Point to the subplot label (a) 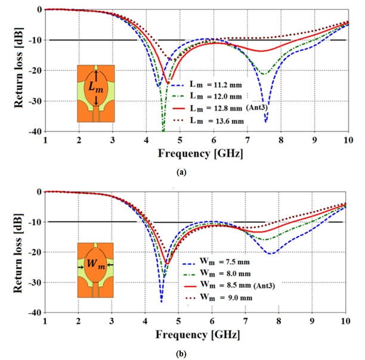click(x=182, y=172)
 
